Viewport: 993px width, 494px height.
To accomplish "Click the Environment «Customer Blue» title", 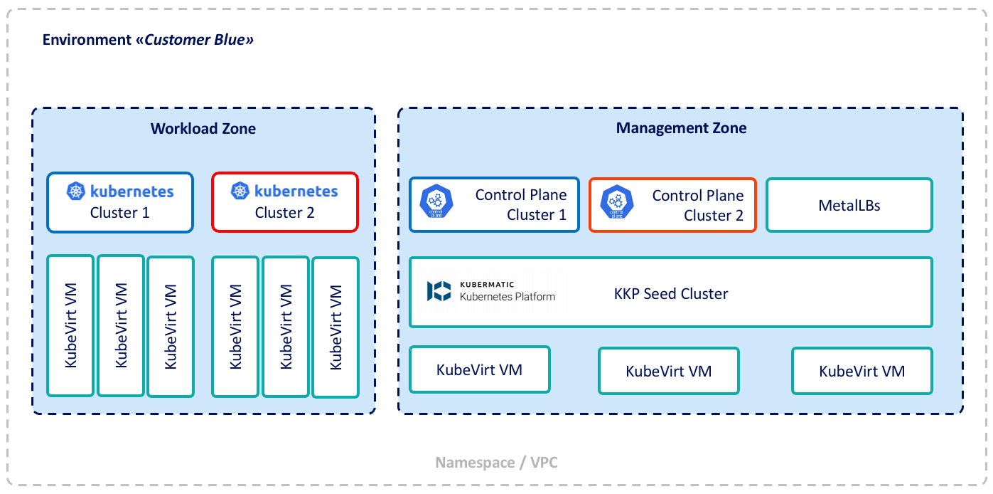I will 148,39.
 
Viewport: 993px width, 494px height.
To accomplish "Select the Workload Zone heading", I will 203,129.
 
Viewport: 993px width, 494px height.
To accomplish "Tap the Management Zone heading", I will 681,128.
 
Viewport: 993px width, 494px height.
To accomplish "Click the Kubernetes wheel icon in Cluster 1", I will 76,191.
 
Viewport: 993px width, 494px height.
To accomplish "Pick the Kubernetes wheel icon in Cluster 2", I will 241,191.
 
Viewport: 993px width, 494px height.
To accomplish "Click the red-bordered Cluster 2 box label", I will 284,212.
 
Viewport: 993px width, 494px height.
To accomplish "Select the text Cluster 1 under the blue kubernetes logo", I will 119,212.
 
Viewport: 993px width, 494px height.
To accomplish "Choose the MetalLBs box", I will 849,206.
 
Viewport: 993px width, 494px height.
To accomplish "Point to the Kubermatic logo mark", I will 439,290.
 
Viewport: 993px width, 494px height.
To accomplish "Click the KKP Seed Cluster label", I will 670,293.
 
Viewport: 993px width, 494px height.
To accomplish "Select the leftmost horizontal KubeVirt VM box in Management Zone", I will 480,369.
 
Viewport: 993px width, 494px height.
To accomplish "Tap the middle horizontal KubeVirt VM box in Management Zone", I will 668,371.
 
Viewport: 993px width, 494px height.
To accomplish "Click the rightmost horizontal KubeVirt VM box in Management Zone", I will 862,371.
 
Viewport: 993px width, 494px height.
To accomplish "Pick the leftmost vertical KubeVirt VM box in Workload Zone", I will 70,326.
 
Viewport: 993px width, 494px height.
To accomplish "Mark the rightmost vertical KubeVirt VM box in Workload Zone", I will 336,327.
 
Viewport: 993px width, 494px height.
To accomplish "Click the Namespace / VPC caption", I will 496,463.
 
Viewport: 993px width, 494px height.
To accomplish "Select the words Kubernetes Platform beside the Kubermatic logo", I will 508,296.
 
